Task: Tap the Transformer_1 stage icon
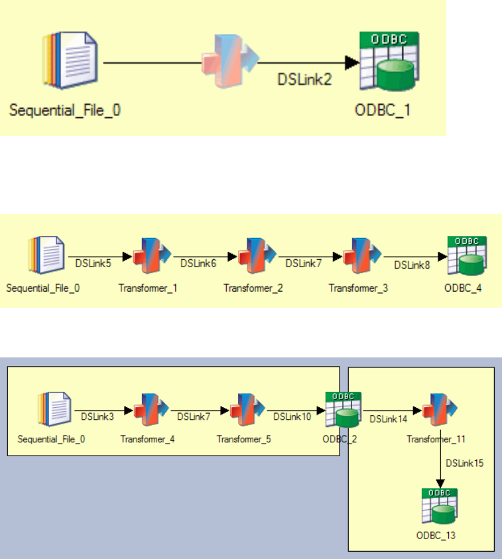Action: [151, 256]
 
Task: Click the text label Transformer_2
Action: [253, 288]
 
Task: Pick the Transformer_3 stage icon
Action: [360, 256]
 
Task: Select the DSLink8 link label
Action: [412, 265]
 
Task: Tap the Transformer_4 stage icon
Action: [151, 410]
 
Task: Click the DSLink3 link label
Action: [97, 417]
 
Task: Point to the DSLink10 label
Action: [291, 417]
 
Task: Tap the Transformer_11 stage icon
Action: [438, 410]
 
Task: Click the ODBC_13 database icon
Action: [438, 506]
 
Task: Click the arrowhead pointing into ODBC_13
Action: [438, 483]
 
